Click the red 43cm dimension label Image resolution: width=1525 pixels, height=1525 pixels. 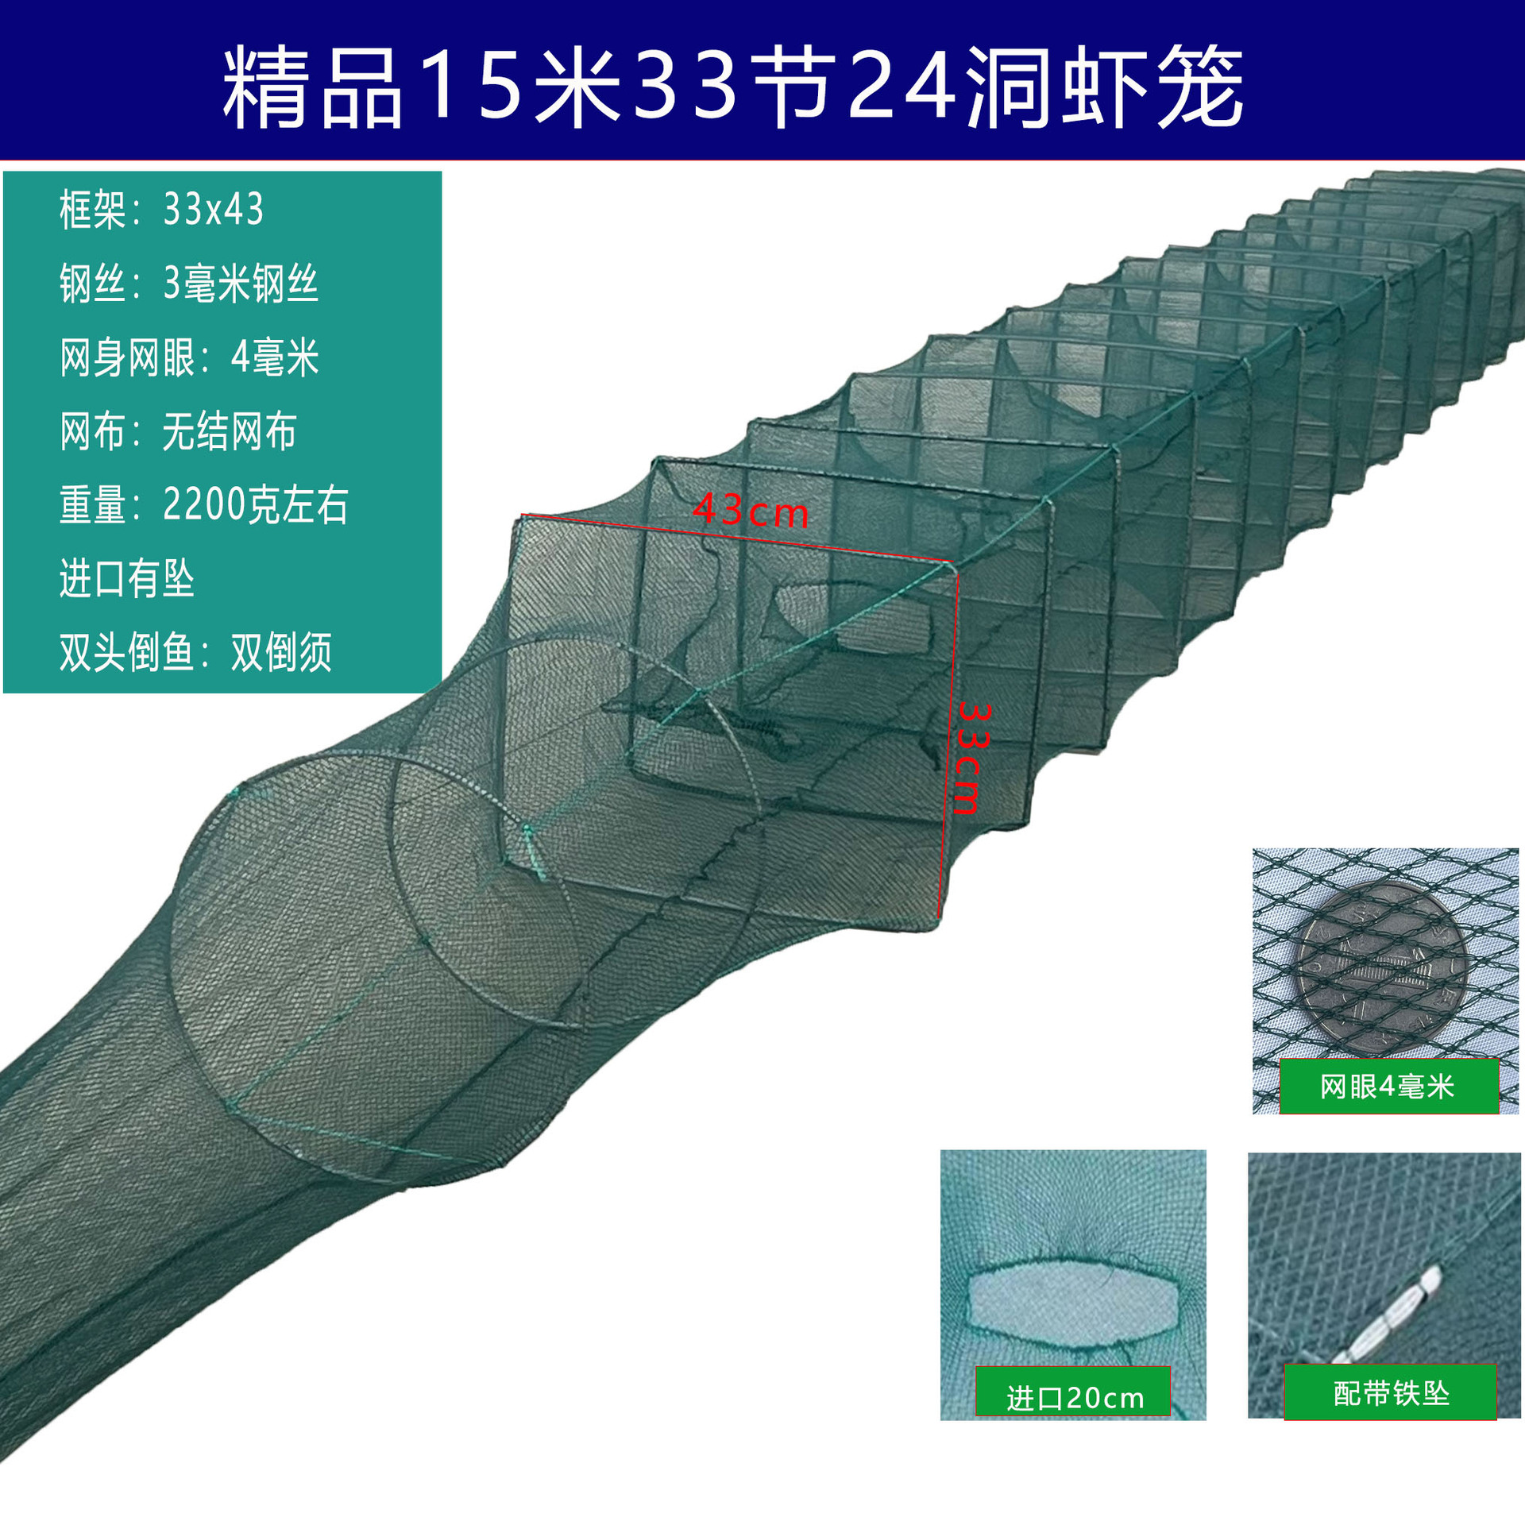[x=751, y=511]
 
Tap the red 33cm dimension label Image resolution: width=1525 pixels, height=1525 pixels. [x=971, y=758]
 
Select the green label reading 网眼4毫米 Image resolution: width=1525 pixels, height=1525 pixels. [x=1388, y=1087]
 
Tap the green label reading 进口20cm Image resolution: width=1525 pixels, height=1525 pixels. [x=1074, y=1398]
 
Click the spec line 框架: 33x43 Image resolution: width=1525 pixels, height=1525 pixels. [x=161, y=210]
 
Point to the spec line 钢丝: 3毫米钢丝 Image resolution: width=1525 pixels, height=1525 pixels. [x=189, y=284]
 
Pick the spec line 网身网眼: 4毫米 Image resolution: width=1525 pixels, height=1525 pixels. [x=189, y=357]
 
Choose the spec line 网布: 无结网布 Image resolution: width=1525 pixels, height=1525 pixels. [x=178, y=431]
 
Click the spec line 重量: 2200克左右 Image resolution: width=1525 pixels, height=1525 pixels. [x=203, y=504]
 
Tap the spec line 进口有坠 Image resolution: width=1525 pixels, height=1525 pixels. [x=127, y=578]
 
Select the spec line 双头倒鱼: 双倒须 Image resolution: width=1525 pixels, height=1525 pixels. [x=195, y=652]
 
